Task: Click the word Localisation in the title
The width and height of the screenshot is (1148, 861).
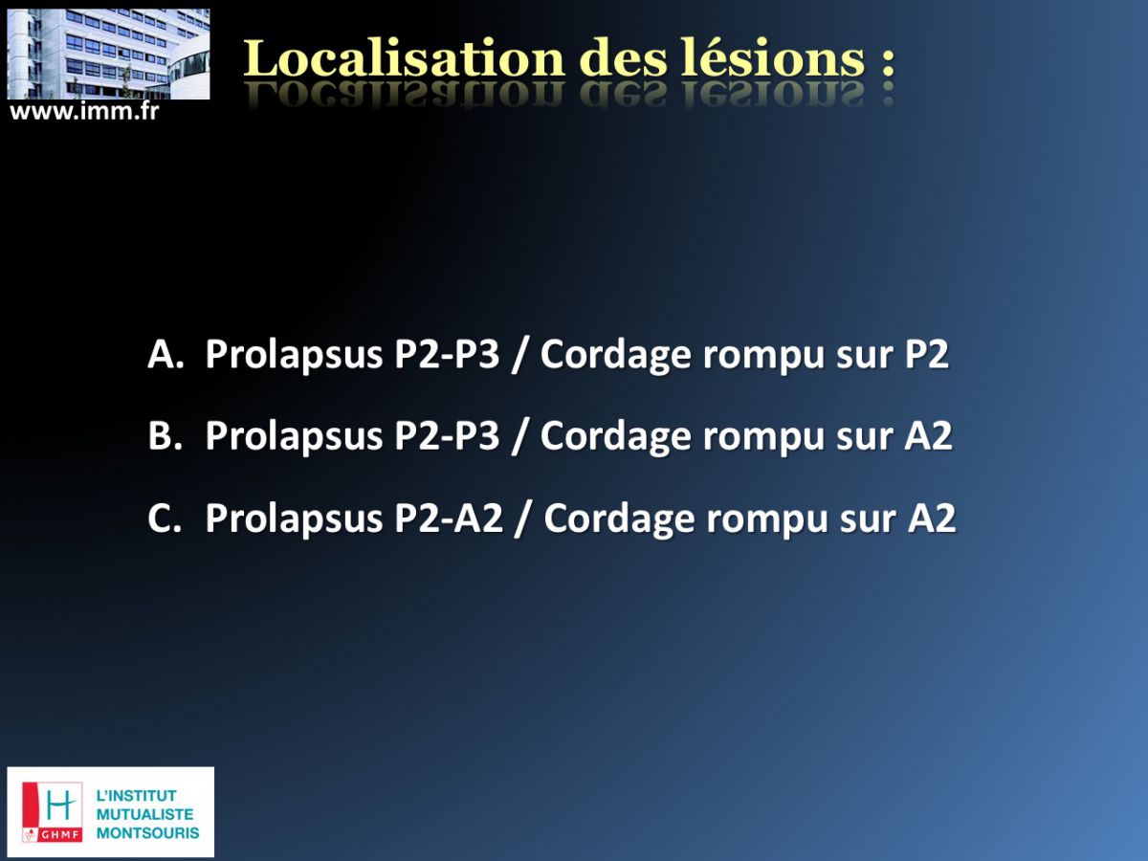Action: tap(404, 58)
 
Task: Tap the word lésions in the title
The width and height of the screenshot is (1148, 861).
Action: tap(773, 58)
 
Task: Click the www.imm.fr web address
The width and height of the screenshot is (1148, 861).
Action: tap(83, 111)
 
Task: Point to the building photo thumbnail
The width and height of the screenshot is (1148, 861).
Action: tap(108, 54)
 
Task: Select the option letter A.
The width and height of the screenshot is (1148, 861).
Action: tap(166, 354)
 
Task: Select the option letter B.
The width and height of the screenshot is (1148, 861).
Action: tap(165, 435)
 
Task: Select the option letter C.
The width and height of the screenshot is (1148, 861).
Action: tap(165, 518)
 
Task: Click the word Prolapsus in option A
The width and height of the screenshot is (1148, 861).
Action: tap(295, 357)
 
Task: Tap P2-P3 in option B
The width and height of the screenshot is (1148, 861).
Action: tap(447, 435)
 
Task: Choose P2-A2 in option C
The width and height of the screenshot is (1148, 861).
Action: tap(449, 518)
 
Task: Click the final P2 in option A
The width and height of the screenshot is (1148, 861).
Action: tap(927, 354)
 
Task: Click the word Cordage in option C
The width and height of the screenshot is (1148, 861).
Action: tap(619, 520)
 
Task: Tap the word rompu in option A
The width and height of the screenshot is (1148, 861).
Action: tap(764, 359)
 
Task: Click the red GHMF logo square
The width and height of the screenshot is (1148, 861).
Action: tap(53, 812)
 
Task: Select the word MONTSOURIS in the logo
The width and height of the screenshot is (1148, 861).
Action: tap(148, 832)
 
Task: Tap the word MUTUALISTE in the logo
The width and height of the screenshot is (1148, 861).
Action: tap(144, 814)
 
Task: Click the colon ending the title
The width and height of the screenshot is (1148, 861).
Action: tap(888, 61)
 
